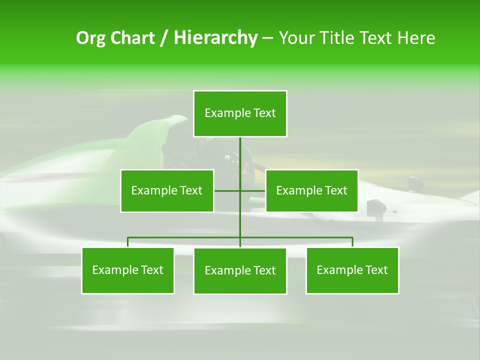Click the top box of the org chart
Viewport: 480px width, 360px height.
240,113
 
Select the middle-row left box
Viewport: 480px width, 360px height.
167,190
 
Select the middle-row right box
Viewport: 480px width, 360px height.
311,190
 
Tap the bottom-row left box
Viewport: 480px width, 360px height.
128,270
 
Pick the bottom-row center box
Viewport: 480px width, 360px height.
240,270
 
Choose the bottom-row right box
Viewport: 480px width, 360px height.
352,270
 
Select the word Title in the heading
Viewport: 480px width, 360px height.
338,38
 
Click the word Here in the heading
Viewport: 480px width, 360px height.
416,38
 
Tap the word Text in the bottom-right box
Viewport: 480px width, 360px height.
376,270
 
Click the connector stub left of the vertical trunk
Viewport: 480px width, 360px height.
227,190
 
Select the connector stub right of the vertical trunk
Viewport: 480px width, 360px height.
253,190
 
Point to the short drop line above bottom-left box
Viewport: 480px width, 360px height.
128,242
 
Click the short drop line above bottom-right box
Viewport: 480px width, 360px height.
352,242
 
